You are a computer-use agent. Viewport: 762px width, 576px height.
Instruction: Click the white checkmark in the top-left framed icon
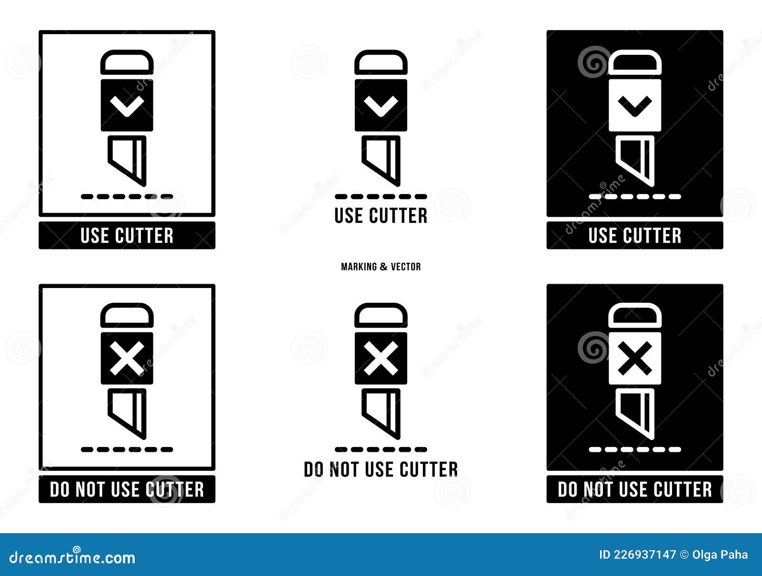pyautogui.click(x=127, y=106)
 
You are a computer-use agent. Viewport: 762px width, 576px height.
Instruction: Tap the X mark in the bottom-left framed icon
pyautogui.click(x=127, y=358)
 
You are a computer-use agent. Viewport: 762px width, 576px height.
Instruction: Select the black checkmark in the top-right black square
pyautogui.click(x=634, y=106)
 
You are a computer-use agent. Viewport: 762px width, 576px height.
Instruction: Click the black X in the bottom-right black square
pyautogui.click(x=634, y=358)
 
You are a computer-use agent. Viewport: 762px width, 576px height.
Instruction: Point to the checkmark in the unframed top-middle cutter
pyautogui.click(x=381, y=106)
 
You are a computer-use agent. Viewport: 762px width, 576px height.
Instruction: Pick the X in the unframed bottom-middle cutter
pyautogui.click(x=381, y=358)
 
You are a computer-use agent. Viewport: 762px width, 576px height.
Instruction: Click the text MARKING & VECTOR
pyautogui.click(x=381, y=267)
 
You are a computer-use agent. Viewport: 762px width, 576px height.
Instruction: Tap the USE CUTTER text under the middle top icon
pyautogui.click(x=381, y=216)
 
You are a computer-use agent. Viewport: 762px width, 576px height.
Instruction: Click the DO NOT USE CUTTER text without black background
pyautogui.click(x=381, y=469)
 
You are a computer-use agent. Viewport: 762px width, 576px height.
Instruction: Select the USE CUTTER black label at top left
pyautogui.click(x=127, y=236)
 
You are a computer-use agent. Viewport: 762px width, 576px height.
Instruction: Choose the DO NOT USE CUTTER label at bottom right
pyautogui.click(x=634, y=489)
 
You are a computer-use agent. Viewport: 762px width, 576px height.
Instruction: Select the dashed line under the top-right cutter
pyautogui.click(x=634, y=196)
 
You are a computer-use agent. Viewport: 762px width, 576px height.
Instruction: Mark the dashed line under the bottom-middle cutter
pyautogui.click(x=381, y=449)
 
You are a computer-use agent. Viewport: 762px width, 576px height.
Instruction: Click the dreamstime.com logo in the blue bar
pyautogui.click(x=72, y=557)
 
